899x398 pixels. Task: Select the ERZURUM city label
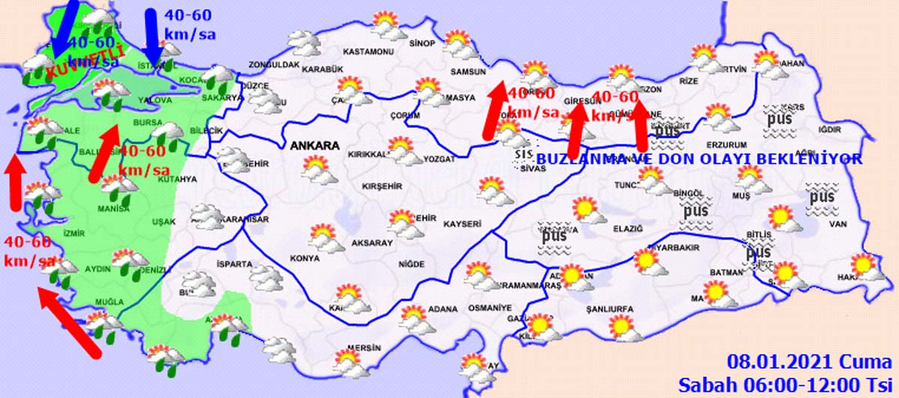point(726,145)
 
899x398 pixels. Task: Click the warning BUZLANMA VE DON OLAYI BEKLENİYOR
point(699,160)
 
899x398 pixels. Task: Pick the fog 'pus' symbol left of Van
point(822,198)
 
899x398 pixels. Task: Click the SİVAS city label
point(530,169)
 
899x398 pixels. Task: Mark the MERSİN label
point(364,349)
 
